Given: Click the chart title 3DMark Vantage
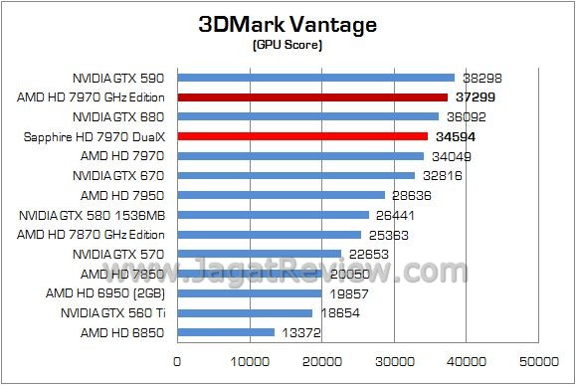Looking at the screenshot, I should click(287, 24).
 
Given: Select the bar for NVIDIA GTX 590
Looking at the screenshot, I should click(315, 78).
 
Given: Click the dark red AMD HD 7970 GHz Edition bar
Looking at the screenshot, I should click(312, 97).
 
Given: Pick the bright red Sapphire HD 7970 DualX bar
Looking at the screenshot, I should click(302, 136).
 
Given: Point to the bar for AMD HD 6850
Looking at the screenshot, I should click(226, 332).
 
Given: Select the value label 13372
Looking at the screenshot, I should click(300, 332).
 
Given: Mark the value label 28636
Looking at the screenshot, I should click(411, 195).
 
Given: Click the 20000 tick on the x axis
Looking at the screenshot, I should click(322, 361).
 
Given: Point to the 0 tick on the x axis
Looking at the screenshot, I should click(177, 361).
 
